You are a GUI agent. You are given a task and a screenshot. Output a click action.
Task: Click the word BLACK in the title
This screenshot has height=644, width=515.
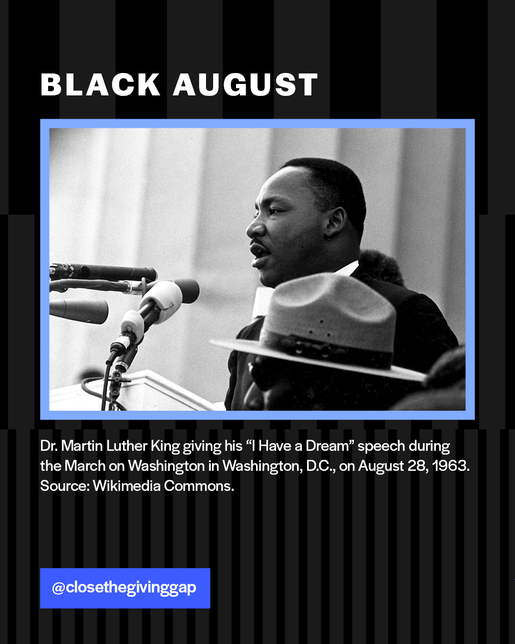pyautogui.click(x=100, y=84)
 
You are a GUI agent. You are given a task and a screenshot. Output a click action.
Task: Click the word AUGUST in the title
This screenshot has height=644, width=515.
pyautogui.click(x=246, y=84)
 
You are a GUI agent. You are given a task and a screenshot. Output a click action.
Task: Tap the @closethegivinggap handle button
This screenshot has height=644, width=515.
pyautogui.click(x=125, y=588)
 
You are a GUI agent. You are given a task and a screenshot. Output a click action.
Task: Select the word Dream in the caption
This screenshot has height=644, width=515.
pyautogui.click(x=328, y=446)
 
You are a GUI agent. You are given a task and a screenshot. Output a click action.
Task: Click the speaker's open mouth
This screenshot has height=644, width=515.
pyautogui.click(x=260, y=252)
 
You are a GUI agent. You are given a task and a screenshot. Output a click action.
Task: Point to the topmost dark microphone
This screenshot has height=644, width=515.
pyautogui.click(x=103, y=272)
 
